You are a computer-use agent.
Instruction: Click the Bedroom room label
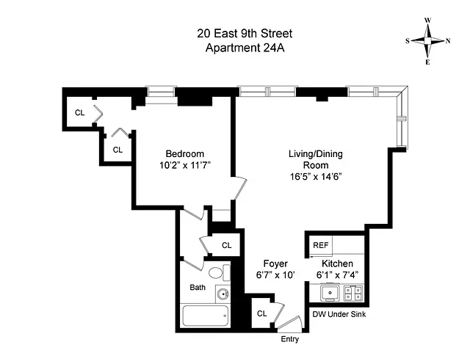coord(184,153)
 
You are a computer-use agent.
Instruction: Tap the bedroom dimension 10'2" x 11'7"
coord(185,165)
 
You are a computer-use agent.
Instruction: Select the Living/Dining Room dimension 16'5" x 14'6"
coord(316,177)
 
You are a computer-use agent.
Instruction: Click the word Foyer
coord(275,263)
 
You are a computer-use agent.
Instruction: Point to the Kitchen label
coord(337,263)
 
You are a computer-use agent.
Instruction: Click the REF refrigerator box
coord(321,246)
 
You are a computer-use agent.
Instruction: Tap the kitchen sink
coord(330,293)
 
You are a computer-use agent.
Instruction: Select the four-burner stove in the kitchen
coord(352,293)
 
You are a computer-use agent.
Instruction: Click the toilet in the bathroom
coord(219,273)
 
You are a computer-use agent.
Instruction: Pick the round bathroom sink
coord(223,294)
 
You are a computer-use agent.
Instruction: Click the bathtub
coord(206,316)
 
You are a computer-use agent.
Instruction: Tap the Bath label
coord(198,287)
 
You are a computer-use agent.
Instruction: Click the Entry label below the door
coord(290,339)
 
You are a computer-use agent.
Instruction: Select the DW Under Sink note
coord(339,314)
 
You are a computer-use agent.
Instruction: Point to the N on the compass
coord(448,41)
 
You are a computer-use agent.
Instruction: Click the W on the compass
coord(427,21)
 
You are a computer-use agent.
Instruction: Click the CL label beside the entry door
coord(262,313)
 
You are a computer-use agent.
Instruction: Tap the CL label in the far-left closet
coord(80,112)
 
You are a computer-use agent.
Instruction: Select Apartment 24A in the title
coord(245,48)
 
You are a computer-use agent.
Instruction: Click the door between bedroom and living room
coord(240,188)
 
